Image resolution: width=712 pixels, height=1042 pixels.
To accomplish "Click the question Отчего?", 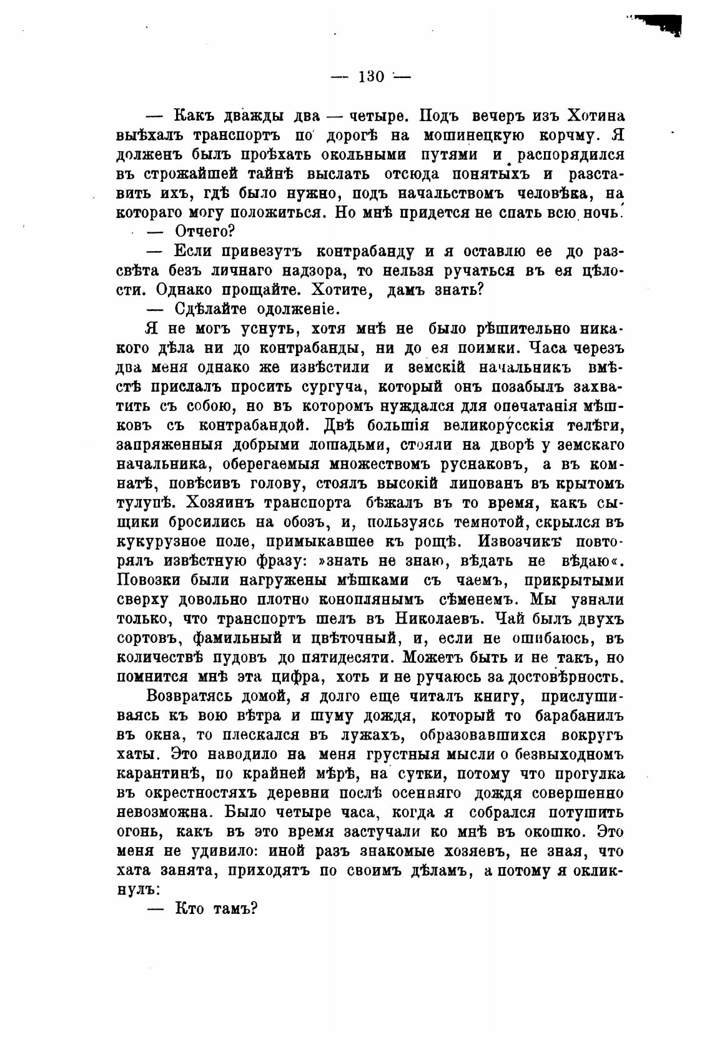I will (x=204, y=232).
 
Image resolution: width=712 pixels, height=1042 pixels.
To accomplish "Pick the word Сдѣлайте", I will (x=208, y=309).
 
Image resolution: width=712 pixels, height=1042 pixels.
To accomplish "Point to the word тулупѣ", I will (x=145, y=504).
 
